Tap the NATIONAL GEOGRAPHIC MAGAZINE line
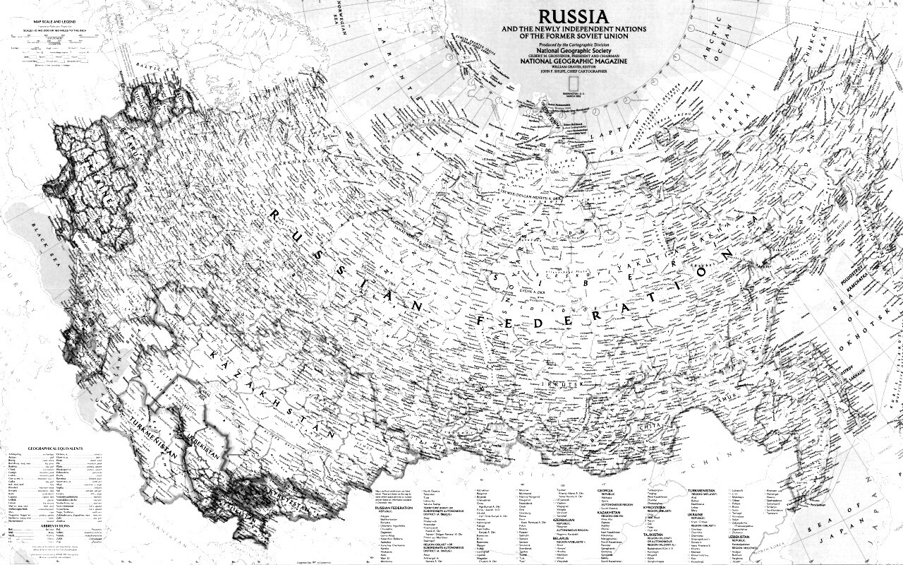point(572,61)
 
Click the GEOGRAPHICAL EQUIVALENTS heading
point(56,448)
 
